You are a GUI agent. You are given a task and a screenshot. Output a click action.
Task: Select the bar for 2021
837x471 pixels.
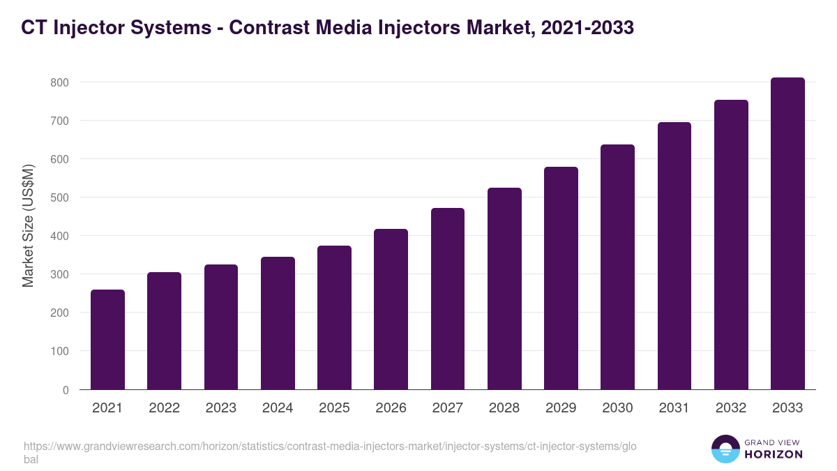click(107, 340)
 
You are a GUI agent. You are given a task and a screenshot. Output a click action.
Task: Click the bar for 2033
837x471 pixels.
click(787, 234)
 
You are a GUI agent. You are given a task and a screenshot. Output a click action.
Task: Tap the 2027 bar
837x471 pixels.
click(448, 299)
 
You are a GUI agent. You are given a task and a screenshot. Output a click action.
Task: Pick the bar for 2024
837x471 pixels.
click(278, 323)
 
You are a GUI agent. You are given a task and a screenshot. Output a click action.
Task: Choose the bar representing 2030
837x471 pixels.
click(617, 267)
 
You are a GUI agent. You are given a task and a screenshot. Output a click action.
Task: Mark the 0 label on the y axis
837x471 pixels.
click(66, 390)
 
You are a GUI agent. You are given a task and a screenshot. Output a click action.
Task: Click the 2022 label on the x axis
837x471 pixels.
click(164, 408)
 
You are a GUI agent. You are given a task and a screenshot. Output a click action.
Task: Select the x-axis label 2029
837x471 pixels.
click(561, 408)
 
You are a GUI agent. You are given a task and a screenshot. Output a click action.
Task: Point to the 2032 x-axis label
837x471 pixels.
click(731, 408)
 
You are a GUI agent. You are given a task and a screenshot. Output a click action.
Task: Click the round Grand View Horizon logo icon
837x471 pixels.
click(725, 449)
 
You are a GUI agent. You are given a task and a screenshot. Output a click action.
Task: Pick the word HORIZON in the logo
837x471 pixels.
click(774, 454)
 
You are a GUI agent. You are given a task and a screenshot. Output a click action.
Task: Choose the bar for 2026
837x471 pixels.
click(391, 309)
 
